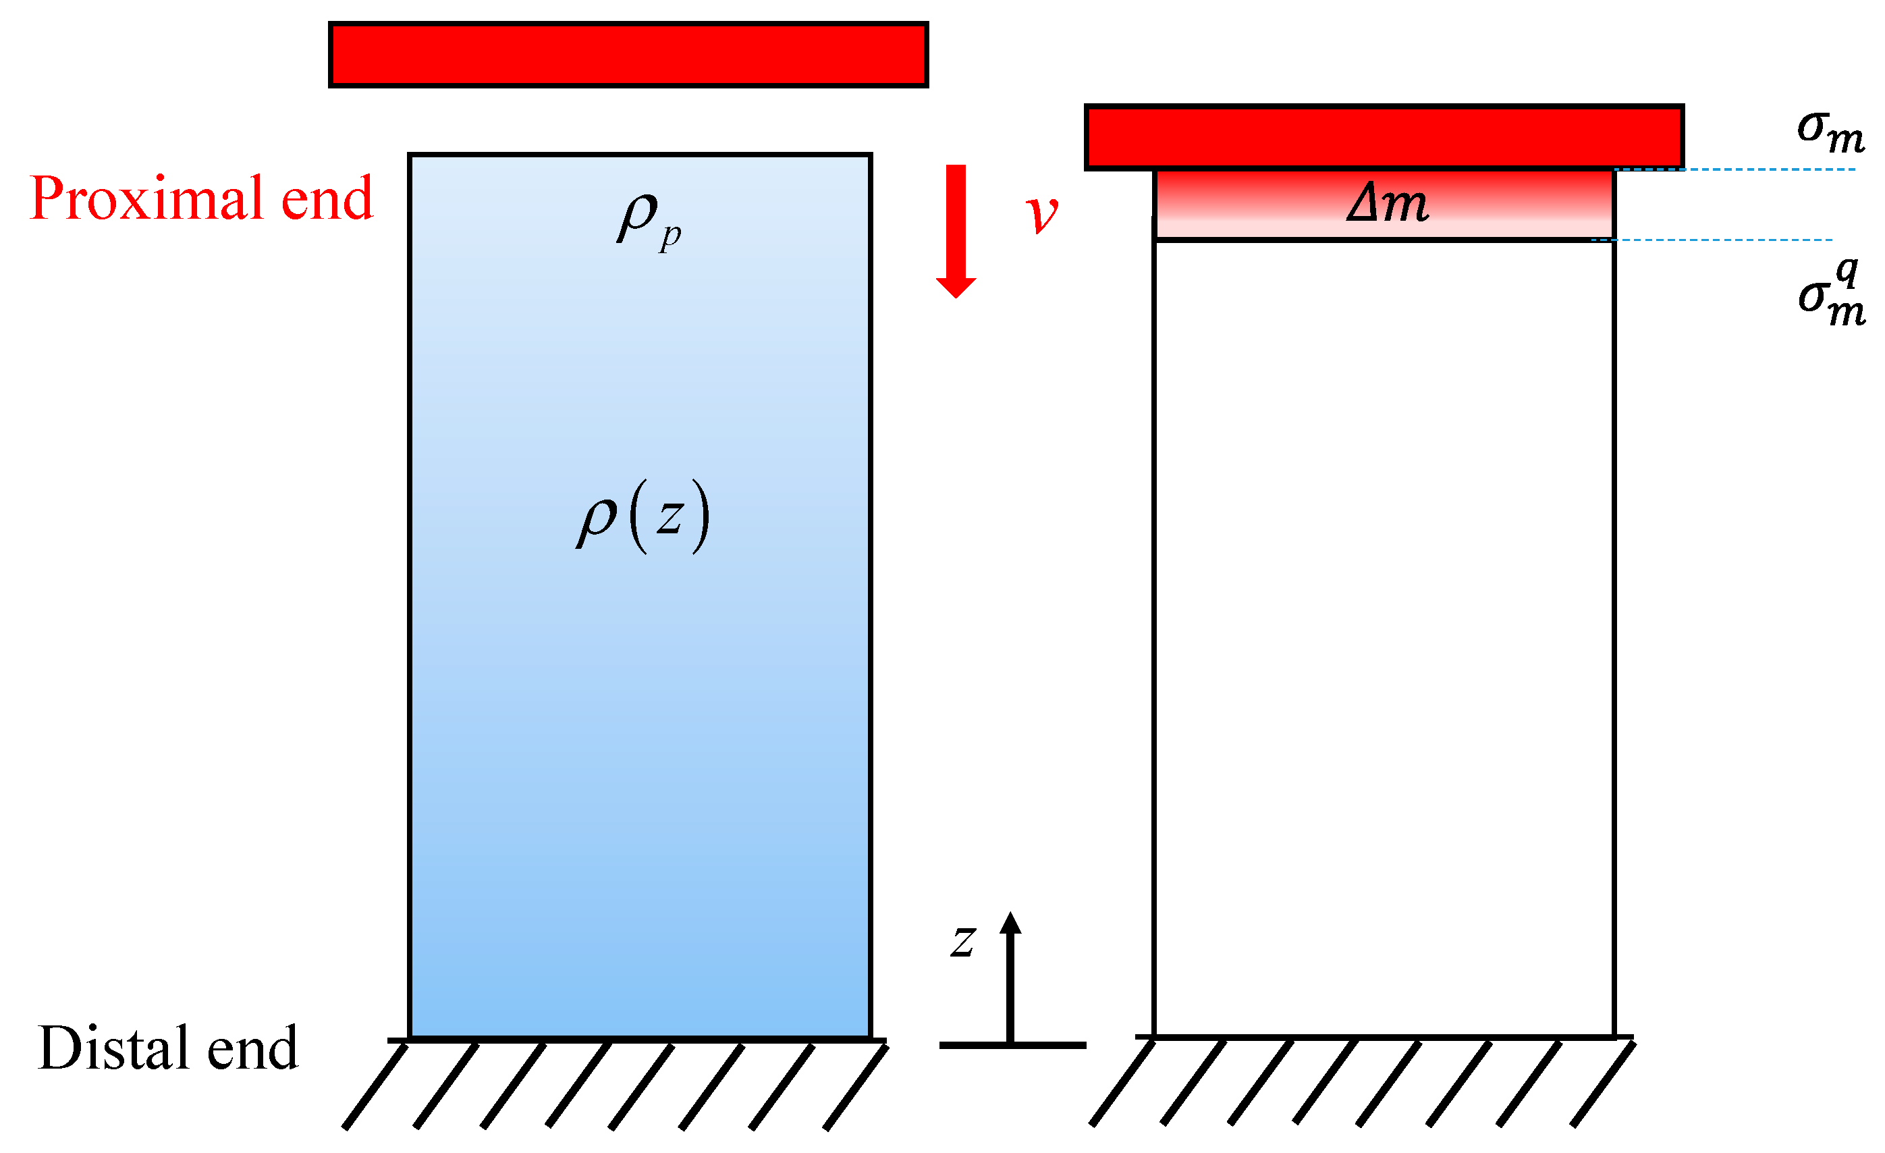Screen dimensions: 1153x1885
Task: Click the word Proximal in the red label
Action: (149, 199)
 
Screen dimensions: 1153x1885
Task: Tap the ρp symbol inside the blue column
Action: (647, 219)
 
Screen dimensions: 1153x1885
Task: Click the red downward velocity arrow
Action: (956, 230)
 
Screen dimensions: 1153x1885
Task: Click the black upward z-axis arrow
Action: (1010, 971)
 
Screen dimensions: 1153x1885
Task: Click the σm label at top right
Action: (1830, 132)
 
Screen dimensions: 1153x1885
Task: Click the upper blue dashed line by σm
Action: (1775, 169)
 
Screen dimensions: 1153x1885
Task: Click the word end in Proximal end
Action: (327, 199)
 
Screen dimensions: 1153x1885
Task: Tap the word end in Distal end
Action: (252, 1049)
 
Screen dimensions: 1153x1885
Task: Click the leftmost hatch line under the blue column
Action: (375, 1085)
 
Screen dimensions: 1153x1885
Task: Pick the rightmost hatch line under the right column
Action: (1602, 1083)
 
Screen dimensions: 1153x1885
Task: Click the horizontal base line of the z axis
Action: (1012, 1045)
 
